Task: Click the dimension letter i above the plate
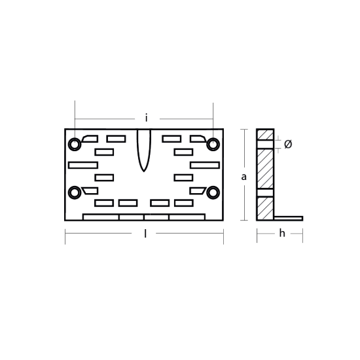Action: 146,118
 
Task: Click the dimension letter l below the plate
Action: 145,234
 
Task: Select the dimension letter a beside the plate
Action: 244,177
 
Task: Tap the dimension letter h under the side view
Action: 282,233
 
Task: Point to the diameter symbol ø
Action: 288,144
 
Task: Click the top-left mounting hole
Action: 75,145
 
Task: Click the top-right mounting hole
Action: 213,145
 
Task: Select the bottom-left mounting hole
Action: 75,192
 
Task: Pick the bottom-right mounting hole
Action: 213,192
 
